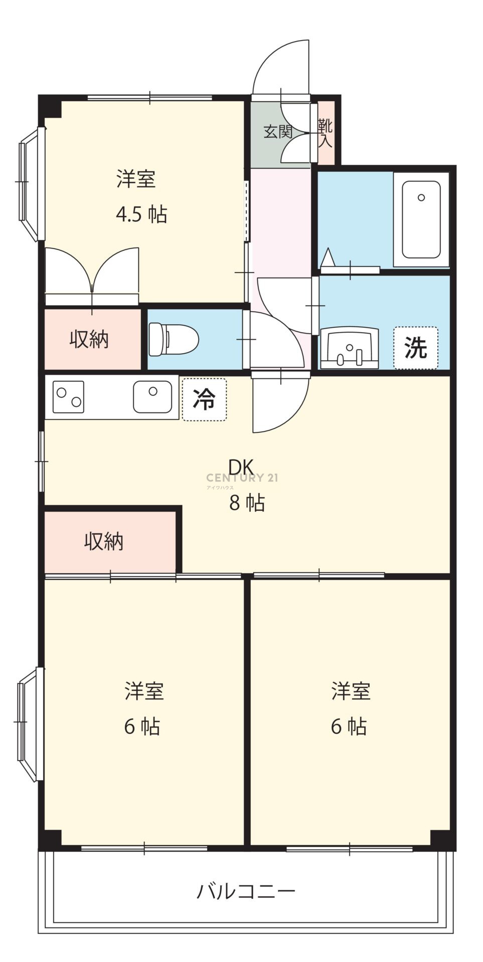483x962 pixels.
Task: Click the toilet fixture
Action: click(x=174, y=339)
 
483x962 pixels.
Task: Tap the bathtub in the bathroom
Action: click(x=421, y=219)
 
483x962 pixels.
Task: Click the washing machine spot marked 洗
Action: click(x=416, y=348)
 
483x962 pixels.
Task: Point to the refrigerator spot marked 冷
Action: click(x=204, y=399)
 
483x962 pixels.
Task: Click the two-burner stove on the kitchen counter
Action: click(x=68, y=397)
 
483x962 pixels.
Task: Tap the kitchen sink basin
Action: click(x=152, y=397)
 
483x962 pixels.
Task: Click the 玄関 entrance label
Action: click(x=278, y=132)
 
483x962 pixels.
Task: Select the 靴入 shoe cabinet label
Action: click(x=325, y=133)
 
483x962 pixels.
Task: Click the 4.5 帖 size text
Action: click(x=141, y=214)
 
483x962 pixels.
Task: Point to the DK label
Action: click(x=241, y=467)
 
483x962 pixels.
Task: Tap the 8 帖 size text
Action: click(x=247, y=503)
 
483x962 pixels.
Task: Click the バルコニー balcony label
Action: click(x=246, y=891)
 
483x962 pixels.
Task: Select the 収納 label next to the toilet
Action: click(x=89, y=340)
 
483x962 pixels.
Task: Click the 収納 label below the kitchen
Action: click(x=104, y=541)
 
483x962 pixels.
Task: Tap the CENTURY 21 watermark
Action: click(x=242, y=478)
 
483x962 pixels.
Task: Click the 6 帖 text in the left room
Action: click(x=142, y=727)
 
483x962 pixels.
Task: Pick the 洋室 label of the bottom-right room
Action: click(x=351, y=691)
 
